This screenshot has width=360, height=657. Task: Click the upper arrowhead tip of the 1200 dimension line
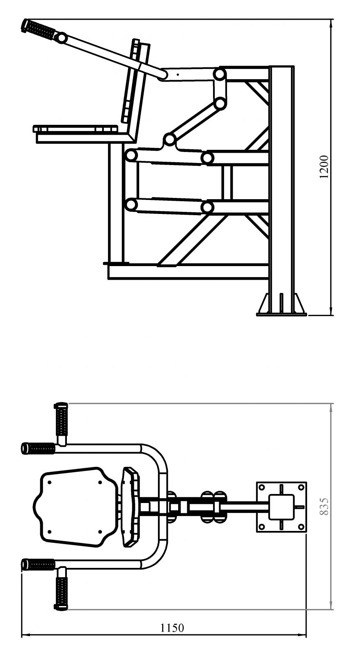331,20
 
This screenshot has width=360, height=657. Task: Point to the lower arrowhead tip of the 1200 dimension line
331,316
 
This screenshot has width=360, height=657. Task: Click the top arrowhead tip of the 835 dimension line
331,404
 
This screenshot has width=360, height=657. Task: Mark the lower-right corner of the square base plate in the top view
306,532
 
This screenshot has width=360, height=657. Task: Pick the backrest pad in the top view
131,507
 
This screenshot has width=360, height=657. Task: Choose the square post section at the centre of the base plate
282,507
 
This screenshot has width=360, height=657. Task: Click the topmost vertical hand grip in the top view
61,419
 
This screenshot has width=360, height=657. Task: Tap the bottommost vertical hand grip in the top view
61,594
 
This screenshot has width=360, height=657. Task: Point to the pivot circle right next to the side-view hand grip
61,38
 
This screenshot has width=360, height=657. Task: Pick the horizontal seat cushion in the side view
76,129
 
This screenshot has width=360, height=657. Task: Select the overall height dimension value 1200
325,167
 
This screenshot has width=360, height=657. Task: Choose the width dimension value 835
325,507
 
